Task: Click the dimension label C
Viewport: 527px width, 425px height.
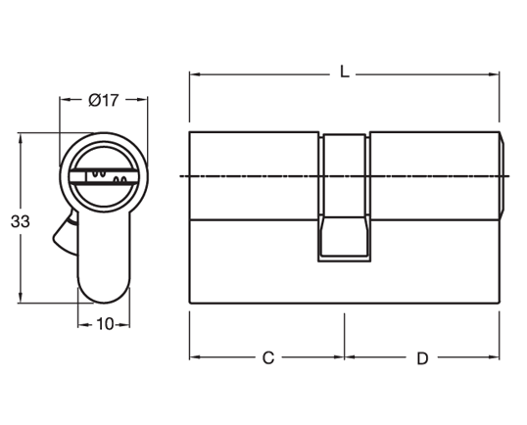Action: tap(266, 357)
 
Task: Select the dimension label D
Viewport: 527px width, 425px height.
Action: tap(422, 357)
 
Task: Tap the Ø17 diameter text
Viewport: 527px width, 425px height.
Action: tap(103, 99)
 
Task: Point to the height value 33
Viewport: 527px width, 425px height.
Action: tap(19, 221)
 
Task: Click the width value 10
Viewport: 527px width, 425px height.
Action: tap(104, 324)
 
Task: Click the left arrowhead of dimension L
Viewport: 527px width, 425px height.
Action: tap(194, 73)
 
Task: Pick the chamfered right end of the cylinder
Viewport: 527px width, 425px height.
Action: tap(503, 176)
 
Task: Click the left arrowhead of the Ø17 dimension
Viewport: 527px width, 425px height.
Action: tap(65, 99)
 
